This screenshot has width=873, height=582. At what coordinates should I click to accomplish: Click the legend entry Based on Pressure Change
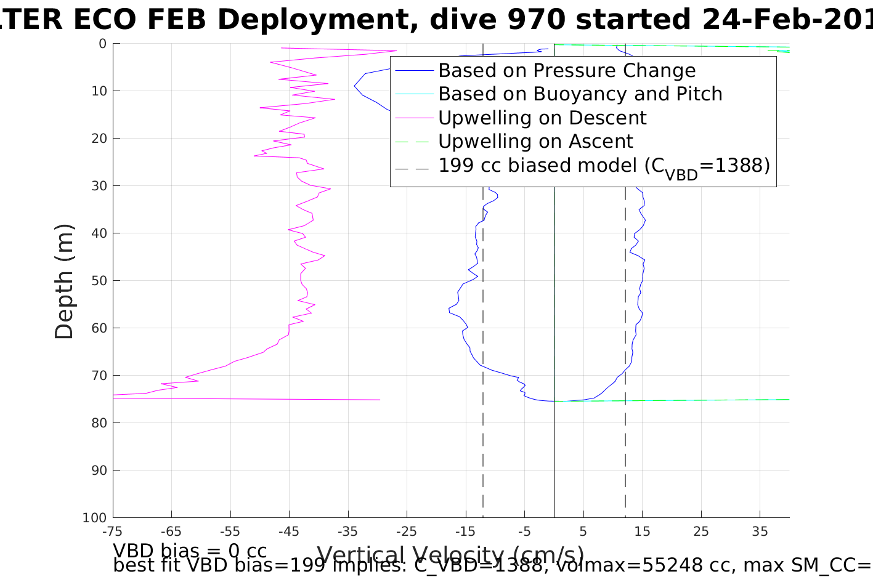click(567, 71)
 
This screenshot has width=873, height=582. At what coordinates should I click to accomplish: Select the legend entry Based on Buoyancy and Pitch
click(580, 94)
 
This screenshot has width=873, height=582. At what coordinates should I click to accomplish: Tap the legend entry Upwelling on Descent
click(542, 118)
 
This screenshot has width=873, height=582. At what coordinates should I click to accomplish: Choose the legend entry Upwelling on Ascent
click(535, 142)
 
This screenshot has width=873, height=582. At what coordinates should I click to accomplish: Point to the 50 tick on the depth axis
click(99, 281)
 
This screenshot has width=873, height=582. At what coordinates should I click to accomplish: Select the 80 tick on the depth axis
click(99, 423)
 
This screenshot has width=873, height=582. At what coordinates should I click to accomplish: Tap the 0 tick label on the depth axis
click(102, 44)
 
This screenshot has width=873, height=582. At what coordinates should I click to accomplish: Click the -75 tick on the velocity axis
click(113, 531)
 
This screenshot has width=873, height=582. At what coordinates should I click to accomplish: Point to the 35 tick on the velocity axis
click(760, 531)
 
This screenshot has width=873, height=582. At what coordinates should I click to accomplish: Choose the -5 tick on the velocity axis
click(524, 531)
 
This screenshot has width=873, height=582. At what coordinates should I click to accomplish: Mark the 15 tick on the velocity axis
click(642, 531)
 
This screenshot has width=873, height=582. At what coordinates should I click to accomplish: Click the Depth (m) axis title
click(64, 281)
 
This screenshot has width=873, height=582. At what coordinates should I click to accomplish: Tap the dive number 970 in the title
click(536, 20)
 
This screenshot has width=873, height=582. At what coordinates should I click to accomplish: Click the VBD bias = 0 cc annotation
click(190, 550)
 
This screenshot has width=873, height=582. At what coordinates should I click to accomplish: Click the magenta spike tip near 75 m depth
click(380, 400)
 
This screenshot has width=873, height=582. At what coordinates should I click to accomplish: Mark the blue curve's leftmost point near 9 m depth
click(354, 86)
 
